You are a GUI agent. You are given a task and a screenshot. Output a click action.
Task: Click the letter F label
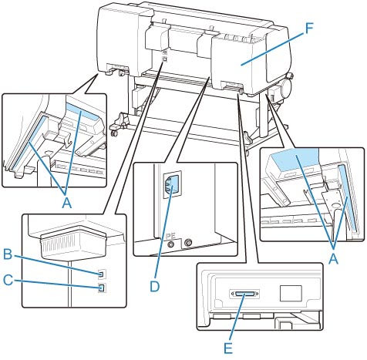pyautogui.click(x=310, y=29)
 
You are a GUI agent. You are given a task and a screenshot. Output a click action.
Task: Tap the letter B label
pyautogui.click(x=8, y=255)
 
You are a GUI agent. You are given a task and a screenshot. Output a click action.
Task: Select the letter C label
pyautogui.click(x=8, y=280)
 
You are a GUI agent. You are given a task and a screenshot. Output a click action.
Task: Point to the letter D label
pyautogui.click(x=155, y=286)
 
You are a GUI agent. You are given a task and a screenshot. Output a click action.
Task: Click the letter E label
pyautogui.click(x=228, y=348)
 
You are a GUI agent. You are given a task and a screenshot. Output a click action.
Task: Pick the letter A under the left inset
pyautogui.click(x=67, y=204)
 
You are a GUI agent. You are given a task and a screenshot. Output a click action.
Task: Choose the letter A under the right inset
pyautogui.click(x=333, y=259)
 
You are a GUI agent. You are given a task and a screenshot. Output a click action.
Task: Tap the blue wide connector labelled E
pyautogui.click(x=244, y=294)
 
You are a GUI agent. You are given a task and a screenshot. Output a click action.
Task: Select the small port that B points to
pyautogui.click(x=102, y=274)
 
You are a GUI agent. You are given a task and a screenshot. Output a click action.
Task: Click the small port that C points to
pyautogui.click(x=102, y=288)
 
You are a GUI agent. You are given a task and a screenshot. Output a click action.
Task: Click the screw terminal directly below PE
pyautogui.click(x=170, y=244)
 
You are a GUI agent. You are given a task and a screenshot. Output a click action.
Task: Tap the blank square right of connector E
pyautogui.click(x=291, y=293)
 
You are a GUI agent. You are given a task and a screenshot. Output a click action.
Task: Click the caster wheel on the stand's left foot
pyautogui.click(x=114, y=133)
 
